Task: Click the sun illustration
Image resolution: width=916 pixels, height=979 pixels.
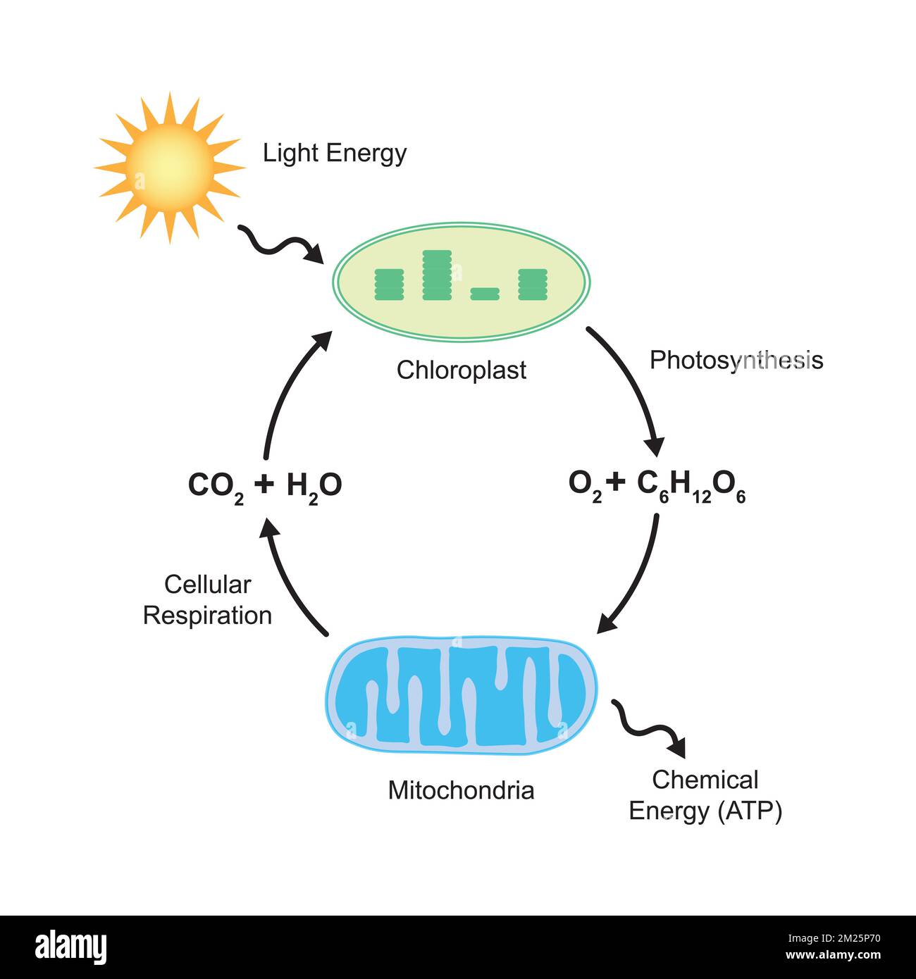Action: point(169,168)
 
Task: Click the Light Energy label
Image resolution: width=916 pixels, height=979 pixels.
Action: point(335,153)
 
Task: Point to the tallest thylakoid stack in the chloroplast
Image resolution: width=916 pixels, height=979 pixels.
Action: point(437,275)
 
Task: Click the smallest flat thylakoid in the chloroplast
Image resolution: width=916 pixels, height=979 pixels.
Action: point(485,294)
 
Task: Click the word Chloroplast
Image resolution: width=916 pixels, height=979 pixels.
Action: point(462,370)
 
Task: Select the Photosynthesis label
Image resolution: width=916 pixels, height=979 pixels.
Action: point(736,360)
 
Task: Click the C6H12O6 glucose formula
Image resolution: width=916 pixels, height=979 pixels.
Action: point(691,485)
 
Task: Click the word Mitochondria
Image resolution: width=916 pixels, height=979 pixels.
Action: point(462,790)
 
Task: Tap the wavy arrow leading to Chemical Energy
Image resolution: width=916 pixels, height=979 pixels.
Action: point(648,725)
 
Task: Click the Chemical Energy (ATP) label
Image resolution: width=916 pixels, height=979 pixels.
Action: point(705,795)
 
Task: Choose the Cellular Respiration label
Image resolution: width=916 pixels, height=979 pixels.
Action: point(207,600)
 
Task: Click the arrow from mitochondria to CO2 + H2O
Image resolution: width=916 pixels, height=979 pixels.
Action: point(289,578)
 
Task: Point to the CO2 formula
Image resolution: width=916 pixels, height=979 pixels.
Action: point(216,486)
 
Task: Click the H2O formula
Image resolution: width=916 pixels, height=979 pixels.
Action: point(314,486)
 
